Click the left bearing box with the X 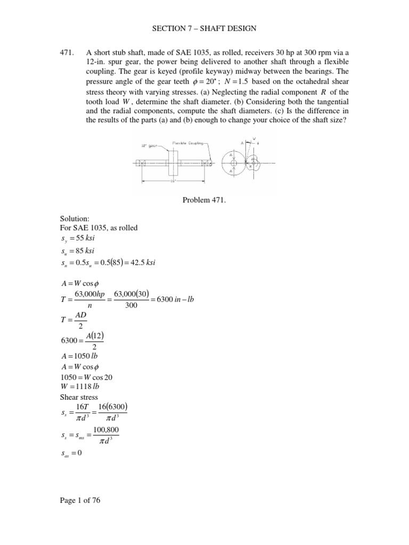pos(144,163)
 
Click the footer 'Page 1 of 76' pos(81,500)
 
